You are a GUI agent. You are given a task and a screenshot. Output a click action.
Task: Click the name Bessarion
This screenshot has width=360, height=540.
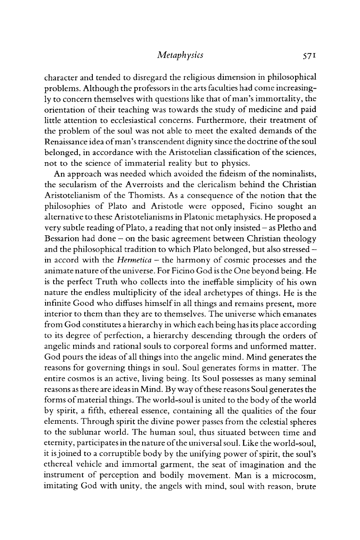pyautogui.click(x=62, y=226)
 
